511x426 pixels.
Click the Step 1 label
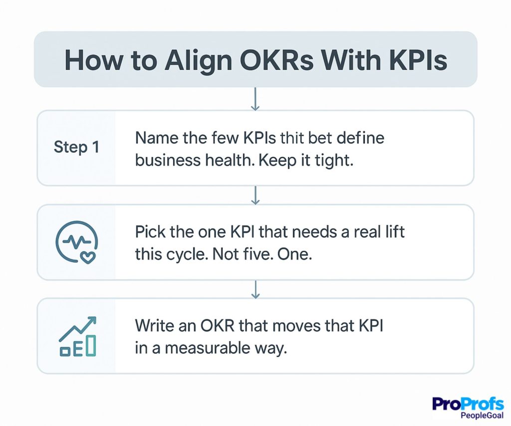point(76,147)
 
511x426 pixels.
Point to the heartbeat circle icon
point(76,241)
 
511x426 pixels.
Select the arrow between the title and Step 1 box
point(255,99)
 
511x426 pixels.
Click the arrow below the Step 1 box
point(255,195)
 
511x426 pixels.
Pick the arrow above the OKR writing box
point(255,289)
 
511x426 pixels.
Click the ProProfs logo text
point(468,404)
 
